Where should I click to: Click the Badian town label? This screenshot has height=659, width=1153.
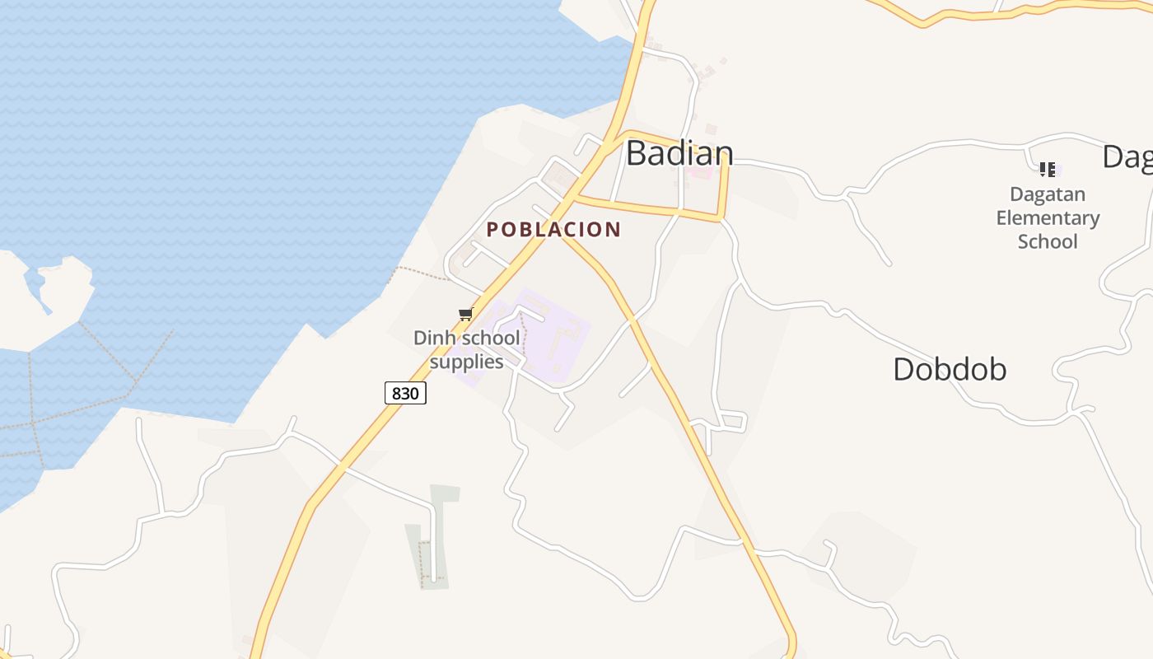click(679, 153)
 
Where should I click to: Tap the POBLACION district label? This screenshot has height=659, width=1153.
click(553, 230)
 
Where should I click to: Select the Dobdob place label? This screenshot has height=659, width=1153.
click(950, 369)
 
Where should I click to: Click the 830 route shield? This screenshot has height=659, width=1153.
click(405, 393)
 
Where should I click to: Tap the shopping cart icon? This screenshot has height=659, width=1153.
click(465, 314)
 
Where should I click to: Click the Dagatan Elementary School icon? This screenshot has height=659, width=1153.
click(1048, 170)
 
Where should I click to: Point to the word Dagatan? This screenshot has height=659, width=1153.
click(1048, 195)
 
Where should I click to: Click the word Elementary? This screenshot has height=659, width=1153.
click(1048, 218)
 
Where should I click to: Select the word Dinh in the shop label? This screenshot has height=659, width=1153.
click(435, 338)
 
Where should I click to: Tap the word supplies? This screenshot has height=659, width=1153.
click(466, 362)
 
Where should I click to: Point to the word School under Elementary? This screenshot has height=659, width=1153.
click(1048, 241)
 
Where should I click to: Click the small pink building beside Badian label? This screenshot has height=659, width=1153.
click(701, 172)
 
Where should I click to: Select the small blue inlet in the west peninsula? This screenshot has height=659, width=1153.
click(37, 288)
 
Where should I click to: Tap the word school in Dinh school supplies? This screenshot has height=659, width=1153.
click(491, 338)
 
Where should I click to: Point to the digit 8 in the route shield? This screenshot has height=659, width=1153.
click(396, 393)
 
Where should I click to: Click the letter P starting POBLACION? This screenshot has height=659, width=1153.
click(492, 230)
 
